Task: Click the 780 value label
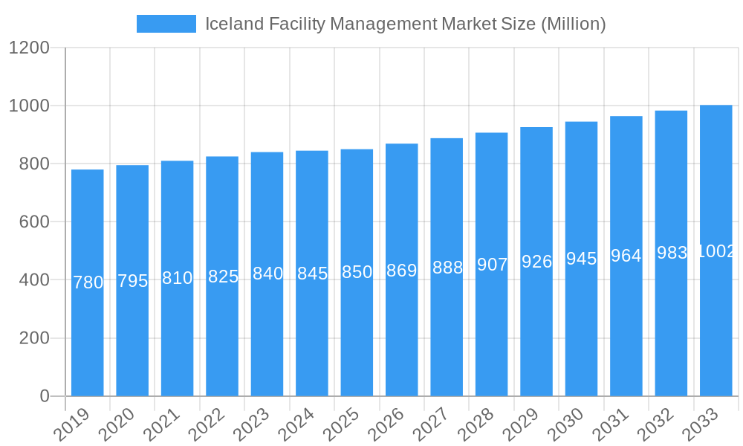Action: coord(88,282)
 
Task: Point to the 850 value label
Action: coord(357,272)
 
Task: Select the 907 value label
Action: coord(492,265)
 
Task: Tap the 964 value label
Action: coord(626,256)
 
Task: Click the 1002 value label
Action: coord(716,251)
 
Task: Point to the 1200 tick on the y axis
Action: coord(29,48)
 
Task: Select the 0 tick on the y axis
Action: coord(45,396)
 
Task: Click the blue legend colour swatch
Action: coord(166,24)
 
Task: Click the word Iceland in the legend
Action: coord(234,24)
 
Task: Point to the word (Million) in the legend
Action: coord(573,24)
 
